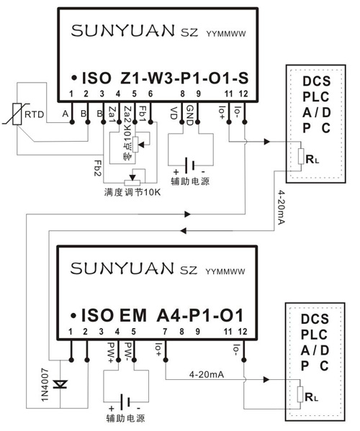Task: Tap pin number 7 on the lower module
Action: click(166, 330)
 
